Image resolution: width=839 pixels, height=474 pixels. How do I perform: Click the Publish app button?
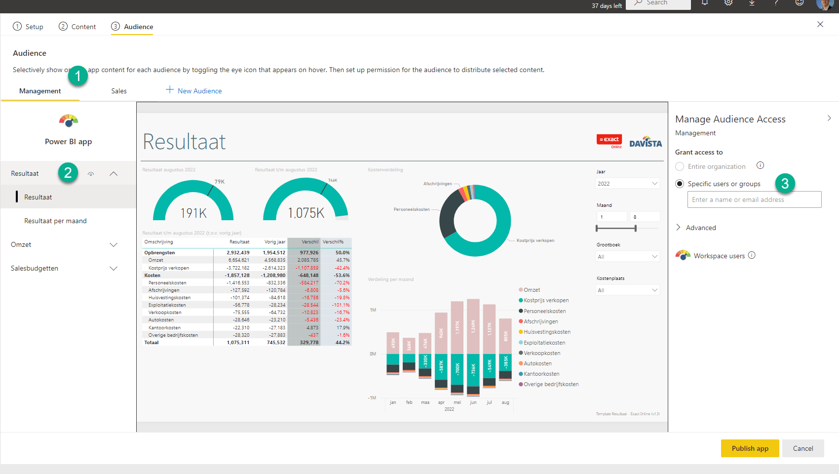pyautogui.click(x=750, y=448)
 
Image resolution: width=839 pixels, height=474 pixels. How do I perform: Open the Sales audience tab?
pyautogui.click(x=119, y=91)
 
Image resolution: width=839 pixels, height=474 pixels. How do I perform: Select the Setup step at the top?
pyautogui.click(x=28, y=27)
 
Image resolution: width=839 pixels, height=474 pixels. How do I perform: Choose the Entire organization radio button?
pyautogui.click(x=680, y=167)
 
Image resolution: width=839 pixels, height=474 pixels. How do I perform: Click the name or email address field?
pyautogui.click(x=754, y=199)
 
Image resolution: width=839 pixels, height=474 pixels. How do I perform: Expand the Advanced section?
pyautogui.click(x=696, y=228)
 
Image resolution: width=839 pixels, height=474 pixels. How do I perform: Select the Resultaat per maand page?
pyautogui.click(x=55, y=221)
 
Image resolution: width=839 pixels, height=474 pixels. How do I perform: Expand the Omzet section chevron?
pyautogui.click(x=114, y=245)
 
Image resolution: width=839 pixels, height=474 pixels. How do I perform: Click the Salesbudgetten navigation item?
pyautogui.click(x=35, y=268)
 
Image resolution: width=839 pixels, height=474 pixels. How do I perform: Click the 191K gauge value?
pyautogui.click(x=193, y=213)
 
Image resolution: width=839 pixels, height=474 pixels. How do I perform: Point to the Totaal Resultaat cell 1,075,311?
pyautogui.click(x=238, y=343)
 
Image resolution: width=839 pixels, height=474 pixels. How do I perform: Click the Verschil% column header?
pyautogui.click(x=333, y=242)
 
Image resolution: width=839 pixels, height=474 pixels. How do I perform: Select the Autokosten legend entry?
pyautogui.click(x=537, y=363)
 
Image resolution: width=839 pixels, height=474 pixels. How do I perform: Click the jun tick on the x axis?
pyautogui.click(x=473, y=402)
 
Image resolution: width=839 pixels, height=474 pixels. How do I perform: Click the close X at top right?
pyautogui.click(x=820, y=24)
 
